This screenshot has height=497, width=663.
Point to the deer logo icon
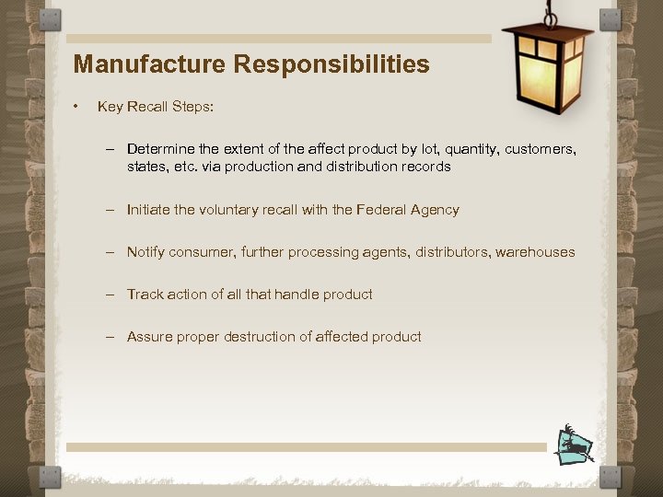pyautogui.click(x=575, y=445)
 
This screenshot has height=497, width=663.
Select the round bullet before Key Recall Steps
pyautogui.click(x=77, y=107)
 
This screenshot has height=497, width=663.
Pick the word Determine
pyautogui.click(x=161, y=149)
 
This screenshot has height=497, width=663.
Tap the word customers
pyautogui.click(x=543, y=149)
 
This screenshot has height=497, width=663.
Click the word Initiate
pyautogui.click(x=148, y=210)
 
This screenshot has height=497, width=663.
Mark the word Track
pyautogui.click(x=145, y=295)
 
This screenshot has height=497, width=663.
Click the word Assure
pyautogui.click(x=150, y=337)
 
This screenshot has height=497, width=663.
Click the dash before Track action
pyautogui.click(x=109, y=295)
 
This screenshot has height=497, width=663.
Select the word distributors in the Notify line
pyautogui.click(x=448, y=252)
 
